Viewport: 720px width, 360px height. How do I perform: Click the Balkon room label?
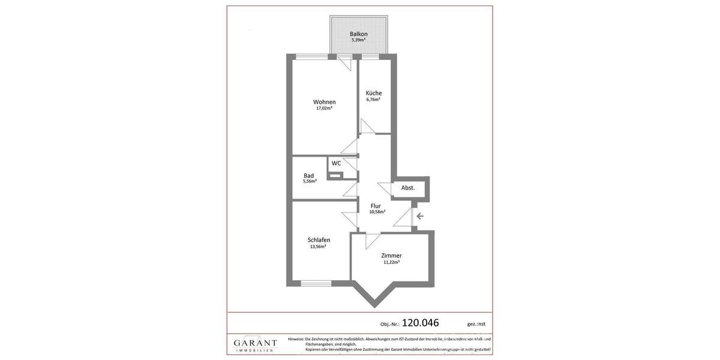pos(359,34)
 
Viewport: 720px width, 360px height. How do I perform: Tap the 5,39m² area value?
pos(359,40)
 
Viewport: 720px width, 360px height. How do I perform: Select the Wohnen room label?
pos(324,102)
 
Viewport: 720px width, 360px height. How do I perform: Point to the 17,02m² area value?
pos(324,109)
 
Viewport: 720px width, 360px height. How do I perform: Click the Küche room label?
pos(374,93)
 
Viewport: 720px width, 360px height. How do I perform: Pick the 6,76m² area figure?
pos(373,100)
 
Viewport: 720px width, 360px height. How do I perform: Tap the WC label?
pos(336,163)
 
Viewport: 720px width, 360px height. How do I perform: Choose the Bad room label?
pos(308,175)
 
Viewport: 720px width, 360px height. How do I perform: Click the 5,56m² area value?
pos(310,181)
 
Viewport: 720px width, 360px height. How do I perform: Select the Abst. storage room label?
pos(408,188)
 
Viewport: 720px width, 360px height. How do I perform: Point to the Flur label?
pos(376,206)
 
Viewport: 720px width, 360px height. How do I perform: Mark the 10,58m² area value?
pos(377,212)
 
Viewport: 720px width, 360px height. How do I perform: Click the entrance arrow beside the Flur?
pos(420,216)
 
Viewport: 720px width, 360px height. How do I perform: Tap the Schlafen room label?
pos(319,240)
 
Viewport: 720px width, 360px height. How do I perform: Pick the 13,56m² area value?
pos(318,247)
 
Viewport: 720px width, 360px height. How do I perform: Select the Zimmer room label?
pos(391,256)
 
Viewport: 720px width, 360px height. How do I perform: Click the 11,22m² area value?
pos(391,262)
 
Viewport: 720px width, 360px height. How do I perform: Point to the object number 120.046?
pos(420,323)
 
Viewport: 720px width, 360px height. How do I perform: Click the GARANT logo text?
pos(256,343)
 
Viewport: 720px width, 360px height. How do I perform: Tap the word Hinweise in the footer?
pos(296,339)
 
